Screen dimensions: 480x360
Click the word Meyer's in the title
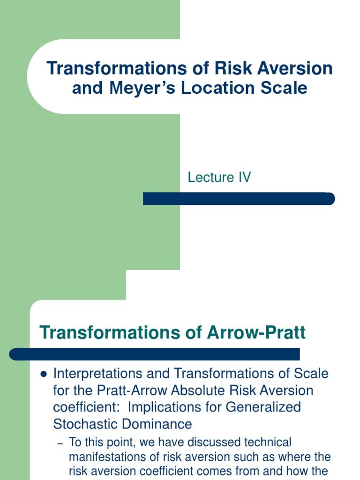pyautogui.click(x=136, y=88)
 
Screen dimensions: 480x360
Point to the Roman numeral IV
pyautogui.click(x=244, y=177)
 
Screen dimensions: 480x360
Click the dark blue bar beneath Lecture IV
pyautogui.click(x=239, y=199)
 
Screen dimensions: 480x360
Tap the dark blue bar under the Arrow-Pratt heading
pyautogui.click(x=155, y=354)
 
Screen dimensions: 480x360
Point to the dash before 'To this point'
pyautogui.click(x=60, y=442)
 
